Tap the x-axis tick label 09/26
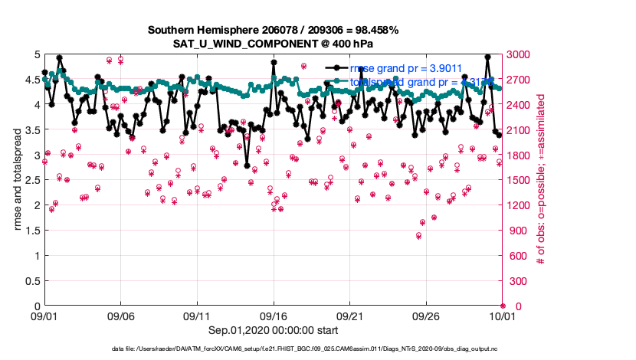[426, 316]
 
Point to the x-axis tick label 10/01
[502, 316]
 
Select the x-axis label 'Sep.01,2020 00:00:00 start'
[274, 330]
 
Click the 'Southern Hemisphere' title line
[274, 30]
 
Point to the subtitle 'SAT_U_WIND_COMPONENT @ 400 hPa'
[274, 44]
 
